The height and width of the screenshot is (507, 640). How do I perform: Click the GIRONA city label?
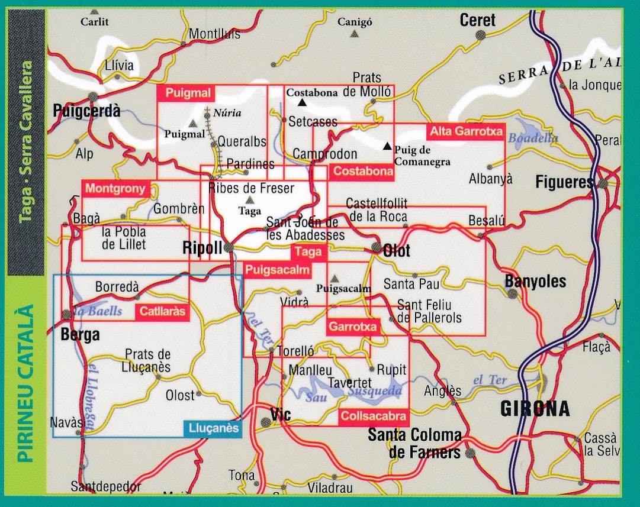pyautogui.click(x=535, y=409)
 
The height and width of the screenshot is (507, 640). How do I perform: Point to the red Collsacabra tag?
pyautogui.click(x=374, y=416)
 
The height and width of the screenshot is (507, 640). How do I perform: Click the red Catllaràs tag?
pyautogui.click(x=162, y=312)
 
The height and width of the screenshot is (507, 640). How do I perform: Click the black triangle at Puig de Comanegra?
pyautogui.click(x=387, y=146)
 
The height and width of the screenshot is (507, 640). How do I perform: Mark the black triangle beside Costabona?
pyautogui.click(x=302, y=102)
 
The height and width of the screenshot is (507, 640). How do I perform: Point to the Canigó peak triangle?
pyautogui.click(x=354, y=34)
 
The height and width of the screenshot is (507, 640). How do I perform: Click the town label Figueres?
pyautogui.click(x=564, y=182)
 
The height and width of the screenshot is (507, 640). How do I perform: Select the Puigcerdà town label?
pyautogui.click(x=86, y=110)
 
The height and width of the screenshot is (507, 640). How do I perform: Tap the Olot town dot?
pyautogui.click(x=376, y=247)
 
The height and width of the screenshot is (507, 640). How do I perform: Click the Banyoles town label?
pyautogui.click(x=535, y=282)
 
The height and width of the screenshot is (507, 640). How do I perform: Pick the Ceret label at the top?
pyautogui.click(x=477, y=20)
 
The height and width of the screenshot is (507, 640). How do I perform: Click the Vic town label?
pyautogui.click(x=279, y=414)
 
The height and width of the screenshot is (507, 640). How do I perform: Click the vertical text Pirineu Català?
pyautogui.click(x=24, y=384)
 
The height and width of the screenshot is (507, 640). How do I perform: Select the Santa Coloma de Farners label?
pyautogui.click(x=414, y=444)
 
